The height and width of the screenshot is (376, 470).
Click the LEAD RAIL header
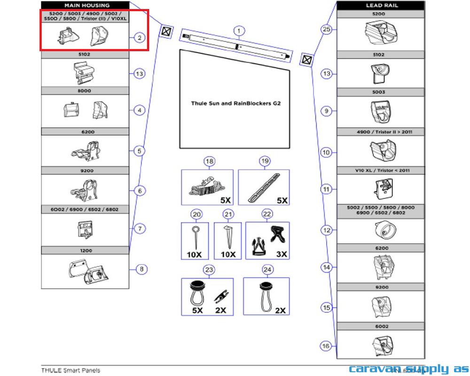tap(380, 6)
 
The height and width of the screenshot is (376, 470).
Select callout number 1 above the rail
tap(239, 31)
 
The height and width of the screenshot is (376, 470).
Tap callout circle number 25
tap(327, 30)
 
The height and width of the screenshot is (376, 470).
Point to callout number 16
tap(326, 346)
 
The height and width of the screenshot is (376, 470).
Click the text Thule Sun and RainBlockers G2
tap(235, 103)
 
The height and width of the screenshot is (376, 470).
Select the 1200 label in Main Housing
tap(86, 251)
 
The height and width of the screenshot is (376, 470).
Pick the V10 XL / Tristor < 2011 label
tap(380, 170)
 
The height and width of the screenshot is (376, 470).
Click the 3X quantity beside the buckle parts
tap(282, 254)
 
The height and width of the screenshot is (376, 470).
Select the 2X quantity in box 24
tap(281, 310)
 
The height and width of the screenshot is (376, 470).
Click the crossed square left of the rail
tap(166, 31)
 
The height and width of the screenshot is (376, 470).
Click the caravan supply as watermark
tap(408, 369)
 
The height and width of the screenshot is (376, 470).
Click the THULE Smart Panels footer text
tap(70, 370)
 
